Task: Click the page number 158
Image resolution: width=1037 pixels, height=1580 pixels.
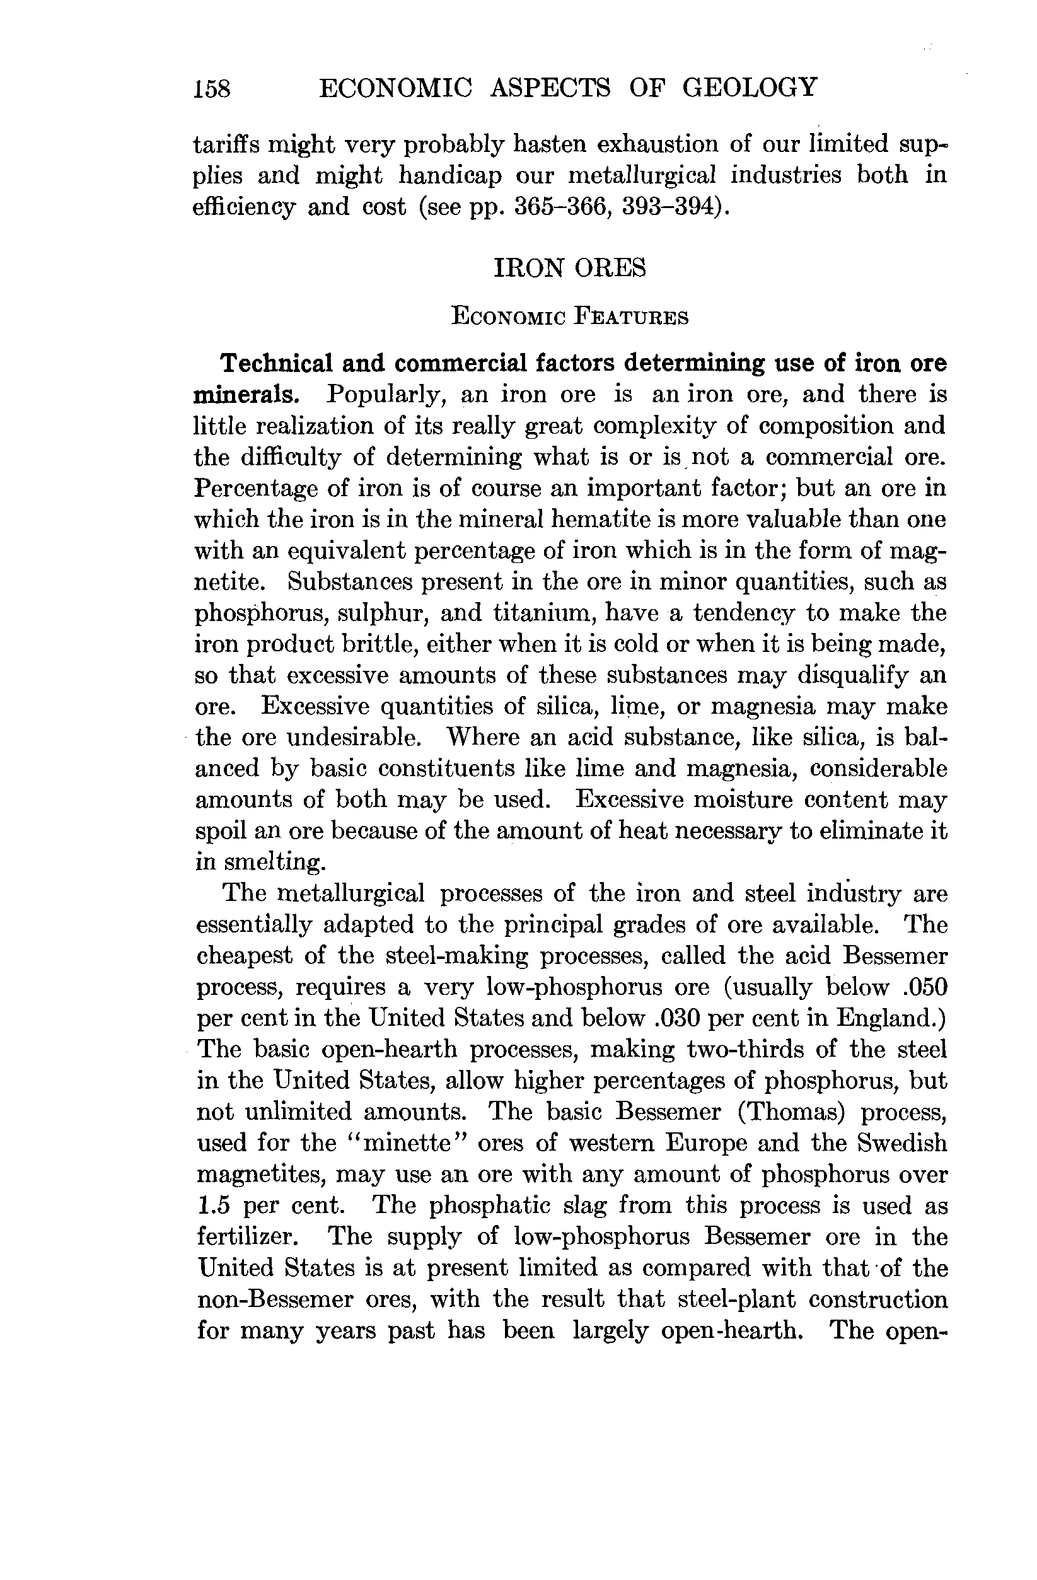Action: [212, 88]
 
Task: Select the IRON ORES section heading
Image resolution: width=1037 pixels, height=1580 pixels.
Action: [570, 267]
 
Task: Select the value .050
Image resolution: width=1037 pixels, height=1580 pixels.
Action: [925, 987]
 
